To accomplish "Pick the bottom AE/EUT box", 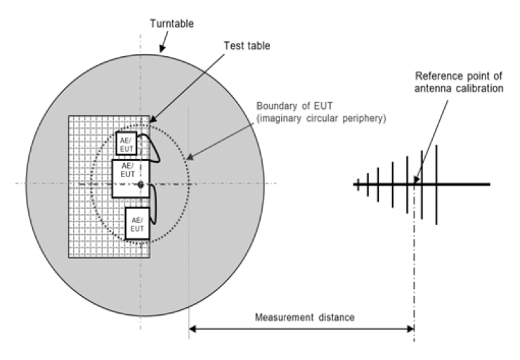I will pyautogui.click(x=137, y=224).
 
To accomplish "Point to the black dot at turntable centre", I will pyautogui.click(x=141, y=184).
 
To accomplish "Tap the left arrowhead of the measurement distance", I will pyautogui.click(x=193, y=328).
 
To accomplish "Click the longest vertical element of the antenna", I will pyautogui.click(x=437, y=184).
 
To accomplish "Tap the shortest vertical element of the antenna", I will pyautogui.click(x=358, y=184).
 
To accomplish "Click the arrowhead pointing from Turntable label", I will pyautogui.click(x=162, y=51).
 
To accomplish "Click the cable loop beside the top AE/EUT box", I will pyautogui.click(x=155, y=149).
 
